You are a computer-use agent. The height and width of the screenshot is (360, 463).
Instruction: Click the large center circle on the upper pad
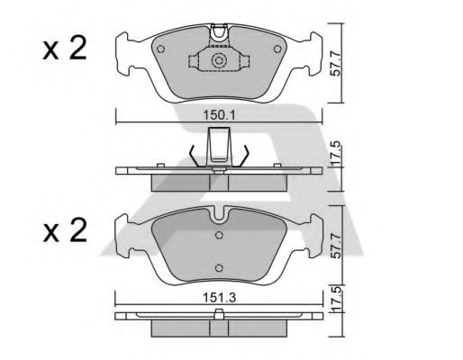218,61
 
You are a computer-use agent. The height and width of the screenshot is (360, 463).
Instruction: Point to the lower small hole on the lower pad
219,266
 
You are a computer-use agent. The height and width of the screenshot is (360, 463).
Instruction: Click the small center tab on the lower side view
219,314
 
